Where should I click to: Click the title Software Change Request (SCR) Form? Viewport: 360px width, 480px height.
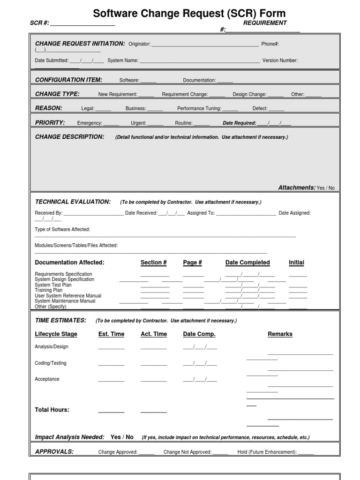coord(189,13)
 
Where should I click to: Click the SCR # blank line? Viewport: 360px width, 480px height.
coord(82,24)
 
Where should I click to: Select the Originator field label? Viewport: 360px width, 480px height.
coord(139,44)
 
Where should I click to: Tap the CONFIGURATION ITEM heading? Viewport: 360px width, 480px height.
coord(68,80)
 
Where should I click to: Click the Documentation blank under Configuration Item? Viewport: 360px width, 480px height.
coord(225,81)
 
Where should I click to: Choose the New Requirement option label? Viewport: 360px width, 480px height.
coord(118,94)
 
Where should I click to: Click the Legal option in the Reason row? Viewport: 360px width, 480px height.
coord(88,108)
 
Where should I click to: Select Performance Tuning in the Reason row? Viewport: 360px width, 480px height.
coord(199,108)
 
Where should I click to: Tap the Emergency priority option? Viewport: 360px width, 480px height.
coord(90,123)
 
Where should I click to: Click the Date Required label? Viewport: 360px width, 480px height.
coord(239,123)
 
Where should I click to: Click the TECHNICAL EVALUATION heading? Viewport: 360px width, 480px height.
coord(73,202)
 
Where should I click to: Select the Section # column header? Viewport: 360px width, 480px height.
coord(154,262)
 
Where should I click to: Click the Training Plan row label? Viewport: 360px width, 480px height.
coord(48,290)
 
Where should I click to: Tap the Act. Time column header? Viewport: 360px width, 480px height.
coord(154,334)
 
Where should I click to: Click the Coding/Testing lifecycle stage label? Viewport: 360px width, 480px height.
coord(50,363)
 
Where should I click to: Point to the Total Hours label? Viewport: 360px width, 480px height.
coord(52,410)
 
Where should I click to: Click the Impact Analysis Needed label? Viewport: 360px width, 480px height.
coord(69,437)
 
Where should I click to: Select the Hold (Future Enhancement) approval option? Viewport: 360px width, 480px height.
coord(267,452)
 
